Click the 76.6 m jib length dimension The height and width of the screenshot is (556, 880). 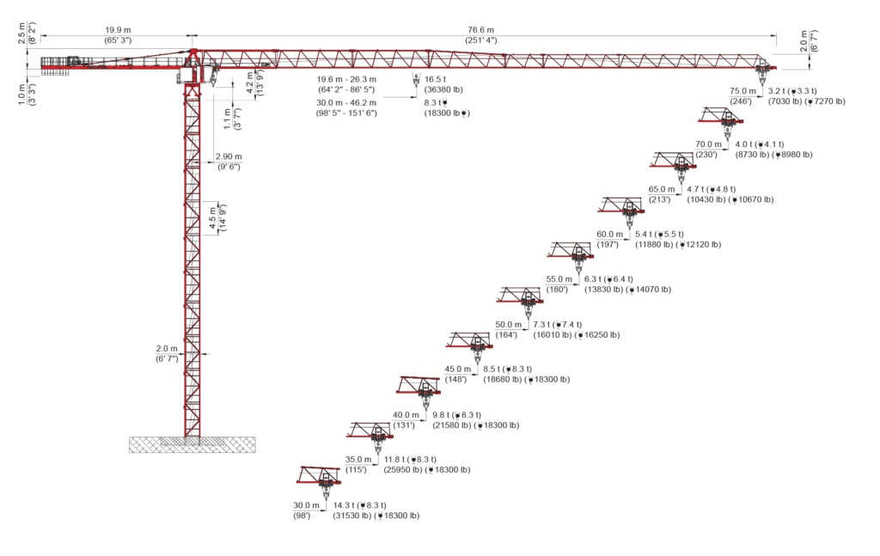pyautogui.click(x=481, y=30)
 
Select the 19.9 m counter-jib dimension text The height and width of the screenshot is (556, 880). pyautogui.click(x=118, y=30)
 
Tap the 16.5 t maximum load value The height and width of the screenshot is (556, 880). pyautogui.click(x=435, y=79)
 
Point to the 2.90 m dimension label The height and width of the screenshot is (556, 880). pyautogui.click(x=229, y=156)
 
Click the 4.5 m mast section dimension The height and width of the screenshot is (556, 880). pyautogui.click(x=213, y=217)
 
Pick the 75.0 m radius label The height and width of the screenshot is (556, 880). pyautogui.click(x=742, y=91)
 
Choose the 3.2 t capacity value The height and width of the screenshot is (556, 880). pyautogui.click(x=777, y=91)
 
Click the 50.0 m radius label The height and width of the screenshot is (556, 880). pyautogui.click(x=508, y=324)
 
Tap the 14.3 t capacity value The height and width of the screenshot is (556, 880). pyautogui.click(x=344, y=505)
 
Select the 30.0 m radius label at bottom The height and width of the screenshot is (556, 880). pyautogui.click(x=306, y=505)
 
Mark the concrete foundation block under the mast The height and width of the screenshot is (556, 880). pyautogui.click(x=192, y=444)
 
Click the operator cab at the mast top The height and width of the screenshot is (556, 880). pyautogui.click(x=186, y=75)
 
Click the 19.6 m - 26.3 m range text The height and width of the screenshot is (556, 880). pyautogui.click(x=346, y=79)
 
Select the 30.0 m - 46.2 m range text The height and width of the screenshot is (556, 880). pyautogui.click(x=346, y=102)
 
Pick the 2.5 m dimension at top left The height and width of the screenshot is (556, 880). pyautogui.click(x=21, y=34)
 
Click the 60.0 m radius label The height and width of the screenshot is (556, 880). pyautogui.click(x=609, y=234)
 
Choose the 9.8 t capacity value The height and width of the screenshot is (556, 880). pyautogui.click(x=441, y=415)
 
